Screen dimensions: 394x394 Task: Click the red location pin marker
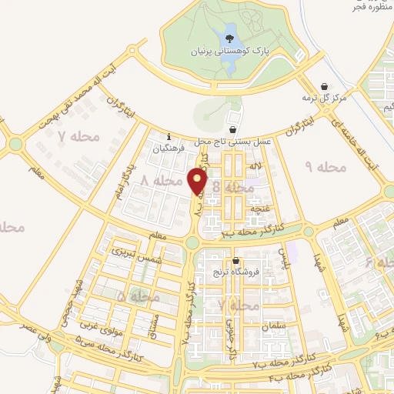click(199, 182)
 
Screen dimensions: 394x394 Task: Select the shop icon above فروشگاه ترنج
click(237, 261)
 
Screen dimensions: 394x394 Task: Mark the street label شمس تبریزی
click(128, 253)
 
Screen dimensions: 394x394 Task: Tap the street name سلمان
click(278, 327)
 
